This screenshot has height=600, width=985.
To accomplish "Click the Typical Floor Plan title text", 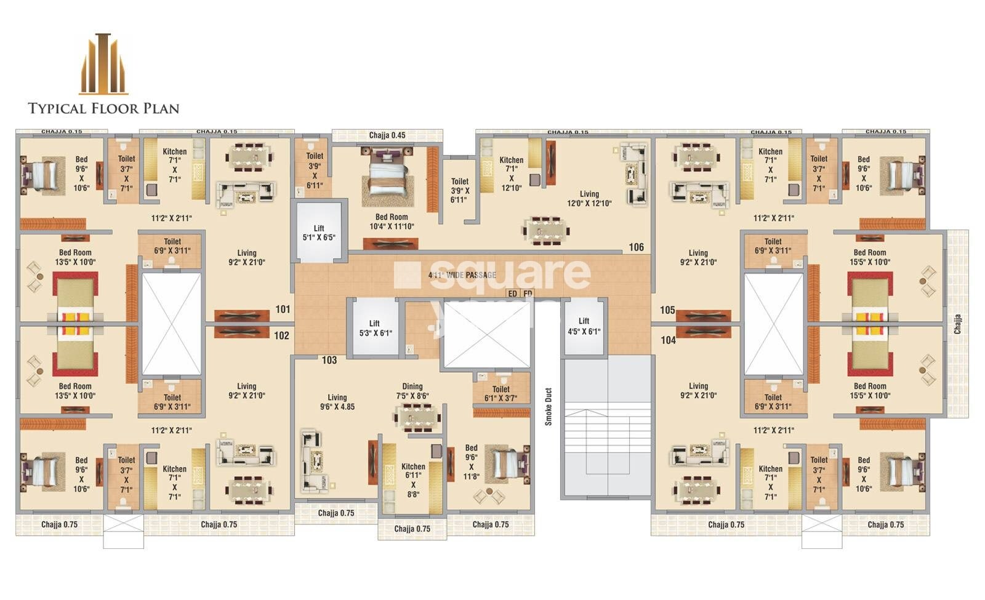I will click(x=103, y=108).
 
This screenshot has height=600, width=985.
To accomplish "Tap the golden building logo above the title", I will click(x=103, y=64).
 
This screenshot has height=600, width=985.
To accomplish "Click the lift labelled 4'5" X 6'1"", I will click(x=584, y=326).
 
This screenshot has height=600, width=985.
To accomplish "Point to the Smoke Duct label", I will click(x=548, y=407).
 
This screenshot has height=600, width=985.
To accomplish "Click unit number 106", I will click(x=636, y=247).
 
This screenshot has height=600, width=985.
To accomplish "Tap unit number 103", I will click(x=329, y=360).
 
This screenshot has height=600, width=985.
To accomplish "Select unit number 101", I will click(x=283, y=309).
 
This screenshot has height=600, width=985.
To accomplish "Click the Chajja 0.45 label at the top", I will click(x=387, y=135).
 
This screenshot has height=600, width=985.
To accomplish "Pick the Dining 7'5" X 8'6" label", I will click(x=412, y=391).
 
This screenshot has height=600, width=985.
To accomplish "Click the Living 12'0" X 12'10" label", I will click(x=589, y=198).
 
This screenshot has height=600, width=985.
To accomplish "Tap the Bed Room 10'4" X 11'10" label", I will click(x=392, y=222).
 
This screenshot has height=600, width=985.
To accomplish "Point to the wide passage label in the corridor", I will click(x=462, y=275).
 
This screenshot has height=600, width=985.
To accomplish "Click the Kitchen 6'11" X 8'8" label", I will click(x=413, y=480).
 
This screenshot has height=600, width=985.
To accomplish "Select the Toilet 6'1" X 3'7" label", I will click(x=501, y=393).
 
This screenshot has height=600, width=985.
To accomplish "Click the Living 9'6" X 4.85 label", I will click(x=337, y=402).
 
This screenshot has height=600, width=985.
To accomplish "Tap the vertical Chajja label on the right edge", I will click(x=957, y=324).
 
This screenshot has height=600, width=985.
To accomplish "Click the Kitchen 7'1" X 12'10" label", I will click(x=511, y=174).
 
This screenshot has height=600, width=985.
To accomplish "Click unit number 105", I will click(x=667, y=310).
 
